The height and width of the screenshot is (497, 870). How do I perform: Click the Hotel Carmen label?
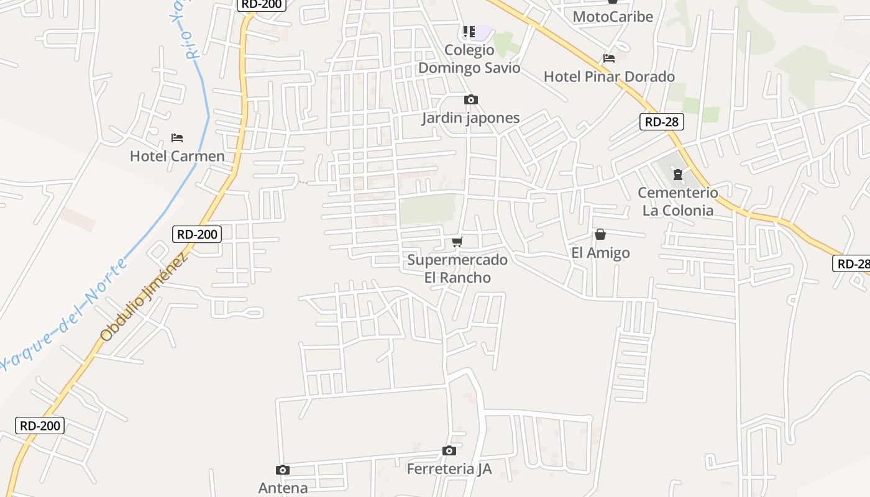(x=177, y=156)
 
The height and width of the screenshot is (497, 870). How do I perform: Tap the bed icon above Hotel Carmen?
(x=177, y=137)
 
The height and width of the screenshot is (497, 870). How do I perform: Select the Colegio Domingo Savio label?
(x=469, y=59)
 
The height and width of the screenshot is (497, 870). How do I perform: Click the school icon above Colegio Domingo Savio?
(x=469, y=31)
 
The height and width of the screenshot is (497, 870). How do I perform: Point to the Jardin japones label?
(x=470, y=118)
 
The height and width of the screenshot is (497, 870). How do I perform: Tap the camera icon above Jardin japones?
(x=470, y=99)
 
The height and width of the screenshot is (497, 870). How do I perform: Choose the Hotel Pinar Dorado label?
(x=609, y=77)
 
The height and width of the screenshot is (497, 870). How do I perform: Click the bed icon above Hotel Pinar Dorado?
(x=609, y=58)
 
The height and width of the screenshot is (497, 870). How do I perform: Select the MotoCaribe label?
(x=613, y=17)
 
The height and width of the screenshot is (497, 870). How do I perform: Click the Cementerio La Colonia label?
(x=678, y=201)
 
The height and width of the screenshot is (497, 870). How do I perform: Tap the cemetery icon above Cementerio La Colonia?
(x=678, y=175)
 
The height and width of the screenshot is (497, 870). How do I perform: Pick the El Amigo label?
(x=600, y=253)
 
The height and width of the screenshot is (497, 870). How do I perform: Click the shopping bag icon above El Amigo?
(x=600, y=234)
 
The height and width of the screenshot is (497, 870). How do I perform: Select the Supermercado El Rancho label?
(x=457, y=268)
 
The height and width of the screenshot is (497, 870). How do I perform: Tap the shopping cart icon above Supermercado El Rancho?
(x=457, y=242)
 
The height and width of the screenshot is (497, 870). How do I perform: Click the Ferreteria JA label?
(x=449, y=469)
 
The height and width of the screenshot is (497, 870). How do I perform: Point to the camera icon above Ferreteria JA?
(x=449, y=450)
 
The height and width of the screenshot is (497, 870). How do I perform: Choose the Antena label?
(x=283, y=488)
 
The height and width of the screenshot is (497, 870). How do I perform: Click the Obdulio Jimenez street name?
(x=144, y=298)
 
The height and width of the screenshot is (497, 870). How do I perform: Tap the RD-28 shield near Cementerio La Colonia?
(x=661, y=122)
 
